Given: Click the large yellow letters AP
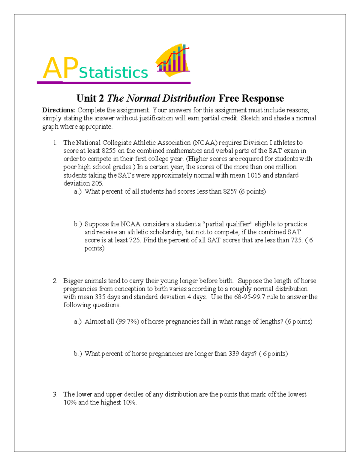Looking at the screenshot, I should point(61,68).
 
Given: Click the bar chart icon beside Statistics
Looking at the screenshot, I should point(173,60).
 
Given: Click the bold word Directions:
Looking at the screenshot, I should point(58,110).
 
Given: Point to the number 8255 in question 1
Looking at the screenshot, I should point(109,151).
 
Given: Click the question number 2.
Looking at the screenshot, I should point(55,281).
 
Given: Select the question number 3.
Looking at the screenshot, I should point(55,394).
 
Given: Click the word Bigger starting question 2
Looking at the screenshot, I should point(73,281).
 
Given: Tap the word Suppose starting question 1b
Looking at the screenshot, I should point(97,224).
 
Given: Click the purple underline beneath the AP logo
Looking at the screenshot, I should point(114,83).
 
